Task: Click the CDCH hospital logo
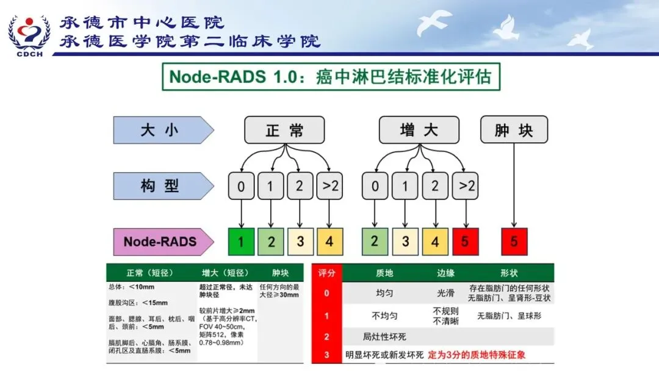pos(29,34)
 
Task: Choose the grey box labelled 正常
pos(284,130)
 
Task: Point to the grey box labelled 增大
pos(419,130)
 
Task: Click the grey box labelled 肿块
pos(514,130)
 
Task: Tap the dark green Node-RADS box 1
pos(241,242)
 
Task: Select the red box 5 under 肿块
pos(514,242)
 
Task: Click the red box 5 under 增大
pos(465,242)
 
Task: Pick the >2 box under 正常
pos(329,186)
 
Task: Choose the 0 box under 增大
pos(375,186)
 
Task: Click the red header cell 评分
pos(326,273)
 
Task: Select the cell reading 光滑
pos(446,293)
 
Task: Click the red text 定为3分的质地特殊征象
pos(477,355)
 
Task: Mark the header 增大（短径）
pos(226,273)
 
